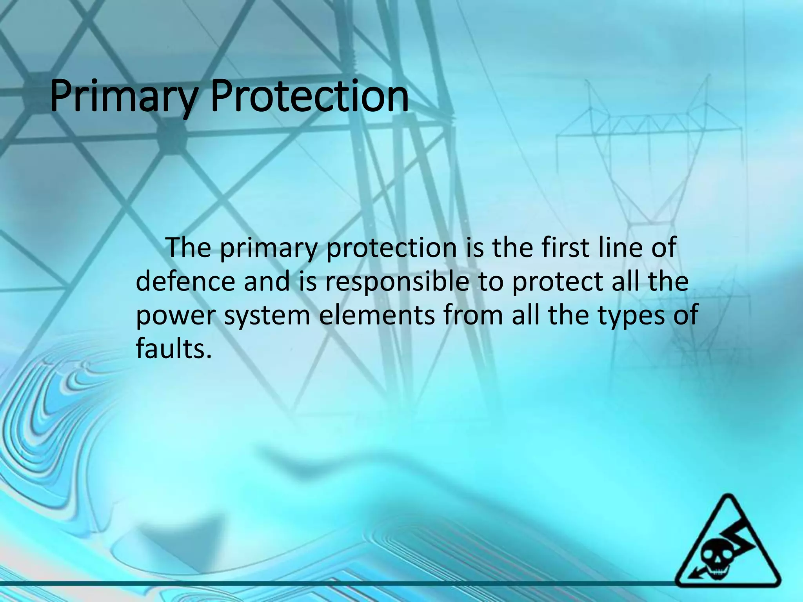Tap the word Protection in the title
[309, 96]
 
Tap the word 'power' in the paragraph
[174, 316]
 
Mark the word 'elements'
[377, 315]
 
